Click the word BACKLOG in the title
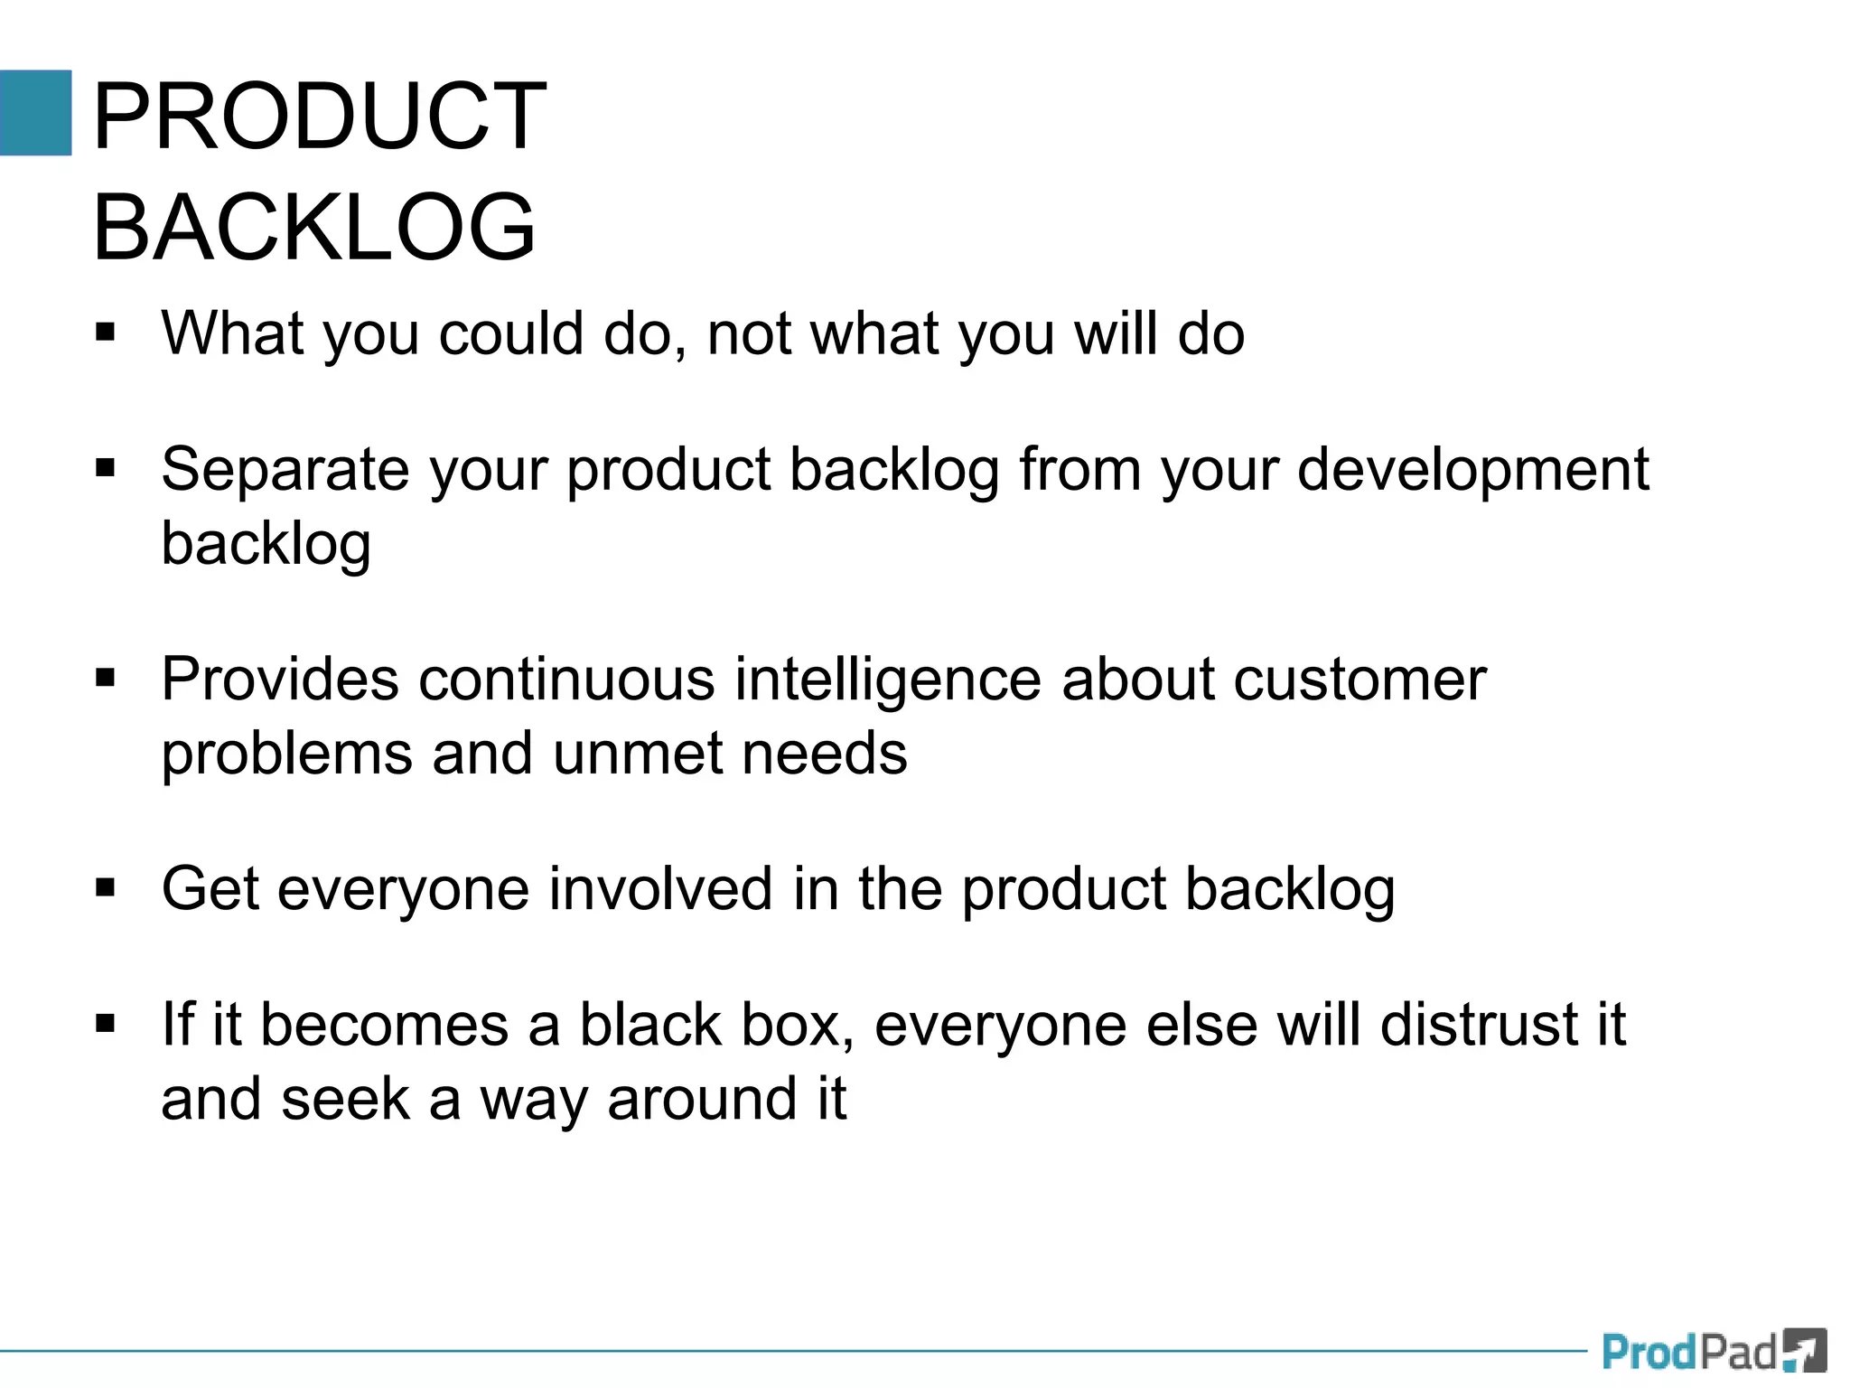(x=314, y=227)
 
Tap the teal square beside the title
(x=35, y=113)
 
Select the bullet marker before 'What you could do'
(x=106, y=333)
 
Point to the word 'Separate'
(x=285, y=470)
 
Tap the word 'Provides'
(x=279, y=679)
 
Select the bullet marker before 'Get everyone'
(x=106, y=888)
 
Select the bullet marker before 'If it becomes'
(x=106, y=1025)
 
